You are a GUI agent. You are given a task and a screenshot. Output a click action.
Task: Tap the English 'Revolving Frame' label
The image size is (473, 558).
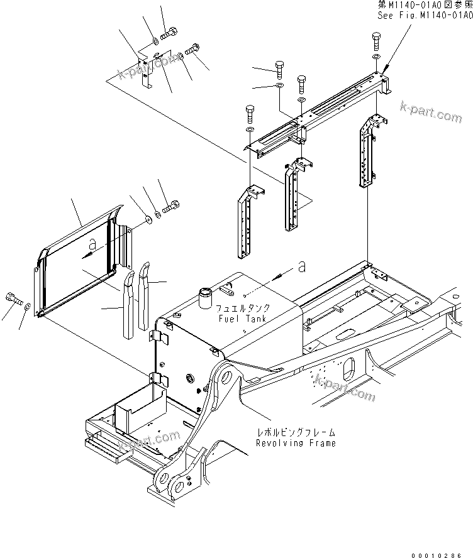click(296, 442)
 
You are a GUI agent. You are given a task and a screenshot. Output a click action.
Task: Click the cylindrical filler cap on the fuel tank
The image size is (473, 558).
click(206, 297)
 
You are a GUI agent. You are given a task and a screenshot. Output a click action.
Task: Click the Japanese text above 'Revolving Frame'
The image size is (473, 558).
click(295, 433)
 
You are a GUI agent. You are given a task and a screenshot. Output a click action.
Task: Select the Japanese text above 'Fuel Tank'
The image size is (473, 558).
click(243, 309)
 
